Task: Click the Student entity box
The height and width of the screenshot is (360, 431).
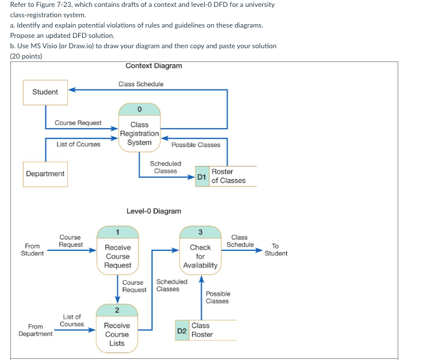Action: click(x=45, y=92)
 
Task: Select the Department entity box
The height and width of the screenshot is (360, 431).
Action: click(x=45, y=173)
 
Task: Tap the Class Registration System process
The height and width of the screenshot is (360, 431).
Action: click(x=140, y=128)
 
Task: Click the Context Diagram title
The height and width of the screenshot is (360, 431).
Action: click(x=153, y=66)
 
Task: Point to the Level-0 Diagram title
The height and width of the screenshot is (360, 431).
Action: click(x=153, y=211)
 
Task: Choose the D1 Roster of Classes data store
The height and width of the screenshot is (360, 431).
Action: click(x=221, y=176)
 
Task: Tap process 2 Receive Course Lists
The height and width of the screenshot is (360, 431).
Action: click(x=117, y=328)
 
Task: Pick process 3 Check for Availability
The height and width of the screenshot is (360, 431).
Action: click(x=200, y=249)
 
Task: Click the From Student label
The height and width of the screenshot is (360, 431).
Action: click(x=32, y=250)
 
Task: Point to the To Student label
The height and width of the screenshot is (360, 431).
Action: click(x=276, y=250)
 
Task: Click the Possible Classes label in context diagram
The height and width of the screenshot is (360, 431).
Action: click(x=196, y=145)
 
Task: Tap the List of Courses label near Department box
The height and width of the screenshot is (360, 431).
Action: click(x=78, y=144)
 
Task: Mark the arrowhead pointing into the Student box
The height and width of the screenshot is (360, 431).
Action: click(x=71, y=90)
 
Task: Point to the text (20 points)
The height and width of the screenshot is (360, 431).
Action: click(x=26, y=56)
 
